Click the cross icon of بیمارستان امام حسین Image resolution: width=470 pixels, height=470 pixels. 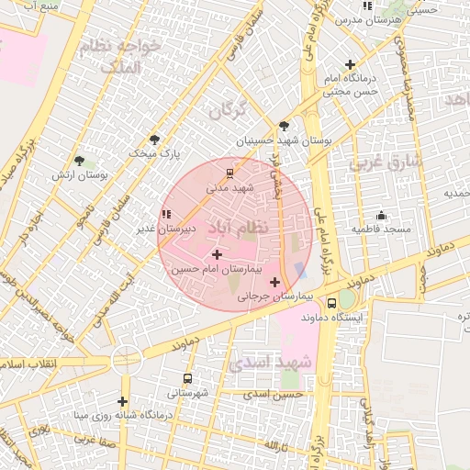click(217, 254)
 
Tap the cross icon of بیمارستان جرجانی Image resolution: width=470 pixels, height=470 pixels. click(274, 282)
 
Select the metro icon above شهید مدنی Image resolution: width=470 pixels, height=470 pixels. click(229, 172)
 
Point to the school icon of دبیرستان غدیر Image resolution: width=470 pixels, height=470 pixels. click(165, 214)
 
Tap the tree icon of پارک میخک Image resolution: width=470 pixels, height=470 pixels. click(154, 140)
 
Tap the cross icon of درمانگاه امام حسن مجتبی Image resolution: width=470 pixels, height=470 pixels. click(350, 64)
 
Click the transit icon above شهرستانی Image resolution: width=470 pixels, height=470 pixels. click(188, 378)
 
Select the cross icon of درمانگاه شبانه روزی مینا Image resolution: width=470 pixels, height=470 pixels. click(122, 400)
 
